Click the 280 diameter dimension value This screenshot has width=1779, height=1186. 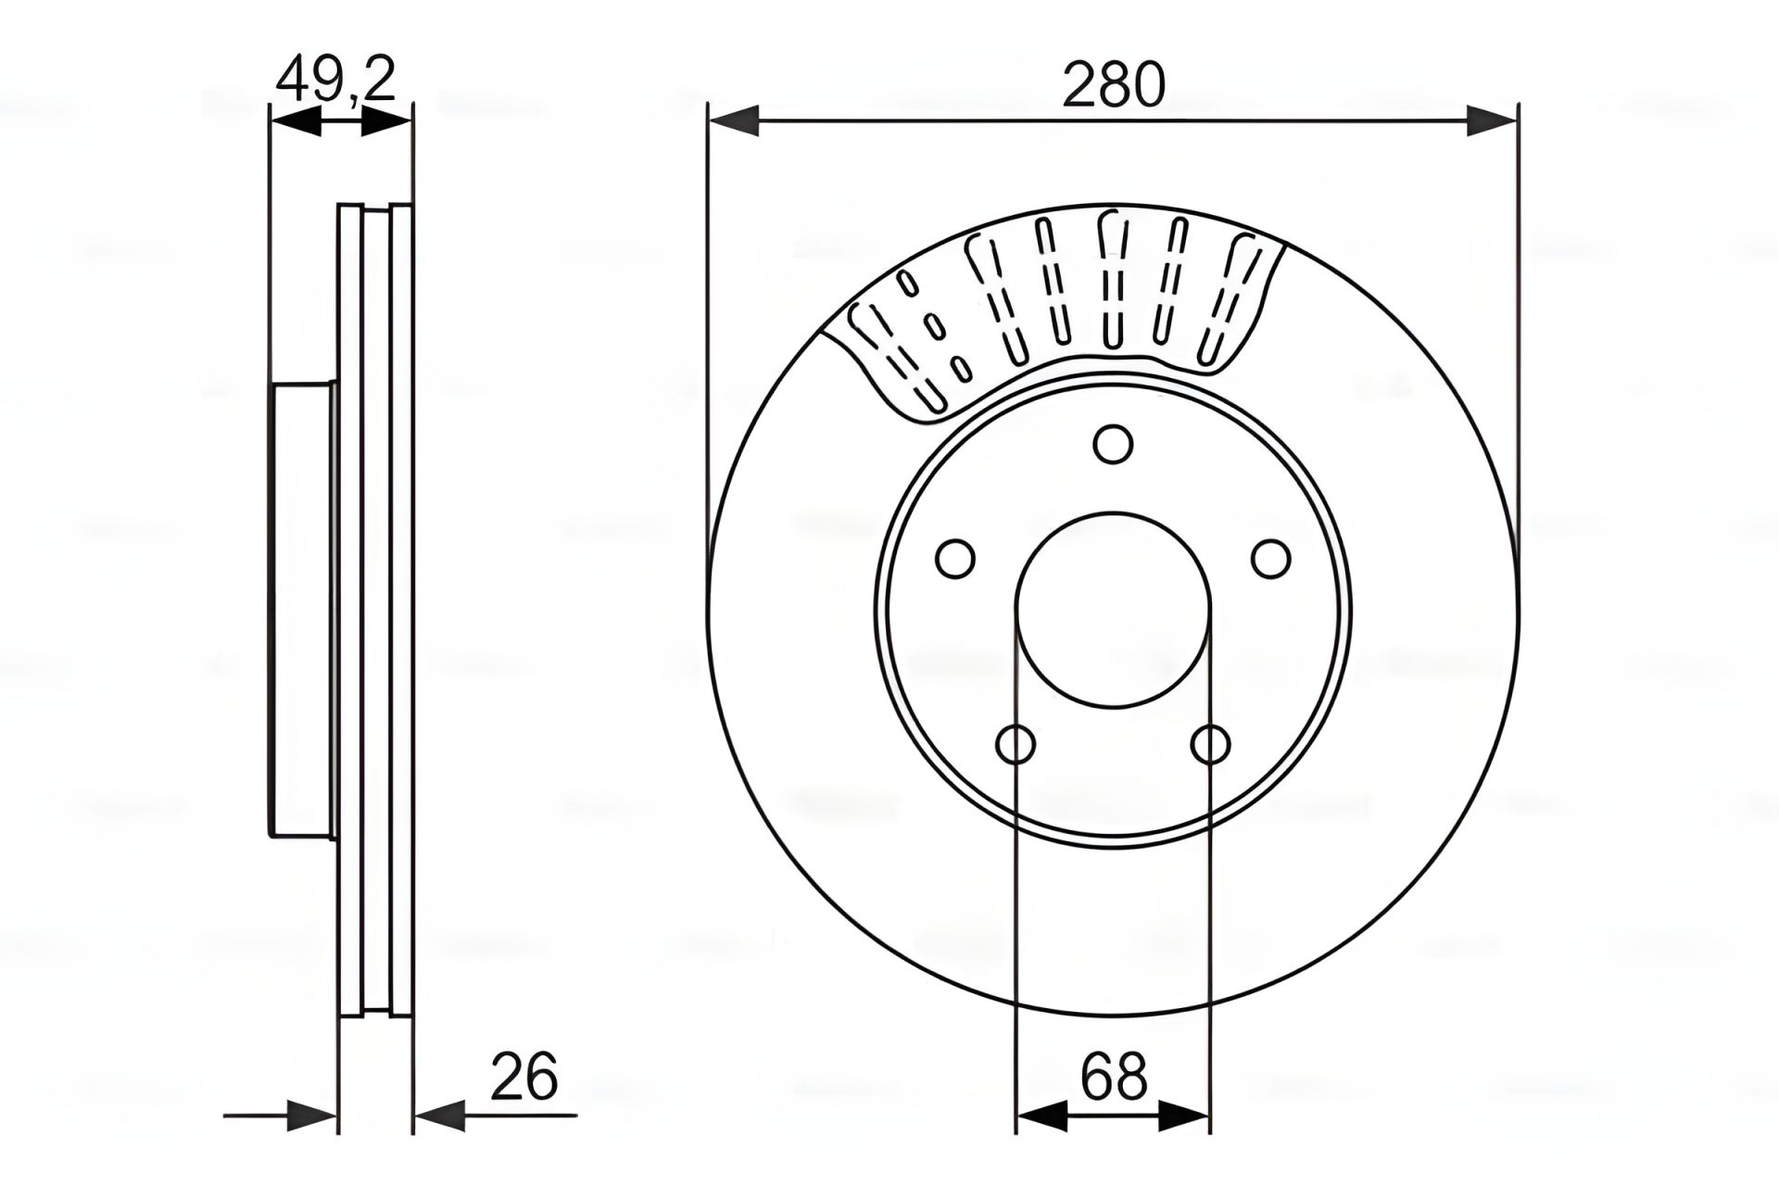tap(1113, 84)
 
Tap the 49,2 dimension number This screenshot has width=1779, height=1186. tap(335, 79)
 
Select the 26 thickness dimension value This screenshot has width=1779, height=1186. tap(524, 1077)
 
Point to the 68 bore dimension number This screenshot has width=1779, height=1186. tap(1114, 1077)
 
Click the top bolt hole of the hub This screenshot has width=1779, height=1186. tap(1113, 444)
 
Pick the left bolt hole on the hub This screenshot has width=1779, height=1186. tap(955, 559)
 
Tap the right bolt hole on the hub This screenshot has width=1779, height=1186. tap(1270, 559)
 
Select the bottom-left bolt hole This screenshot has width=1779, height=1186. tap(1016, 744)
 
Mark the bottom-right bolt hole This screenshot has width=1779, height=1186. tap(1210, 744)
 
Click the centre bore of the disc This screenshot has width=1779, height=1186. tap(1113, 610)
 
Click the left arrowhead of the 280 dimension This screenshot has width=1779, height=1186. tap(733, 120)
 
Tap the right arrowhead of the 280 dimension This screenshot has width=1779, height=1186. tap(1493, 120)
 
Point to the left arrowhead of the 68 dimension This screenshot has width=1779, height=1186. tap(1041, 1116)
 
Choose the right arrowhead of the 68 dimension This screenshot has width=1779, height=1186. tap(1184, 1116)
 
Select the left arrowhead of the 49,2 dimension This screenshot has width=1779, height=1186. tap(295, 120)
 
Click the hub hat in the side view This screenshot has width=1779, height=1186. tap(302, 610)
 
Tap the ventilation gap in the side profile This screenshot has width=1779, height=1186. tap(376, 610)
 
